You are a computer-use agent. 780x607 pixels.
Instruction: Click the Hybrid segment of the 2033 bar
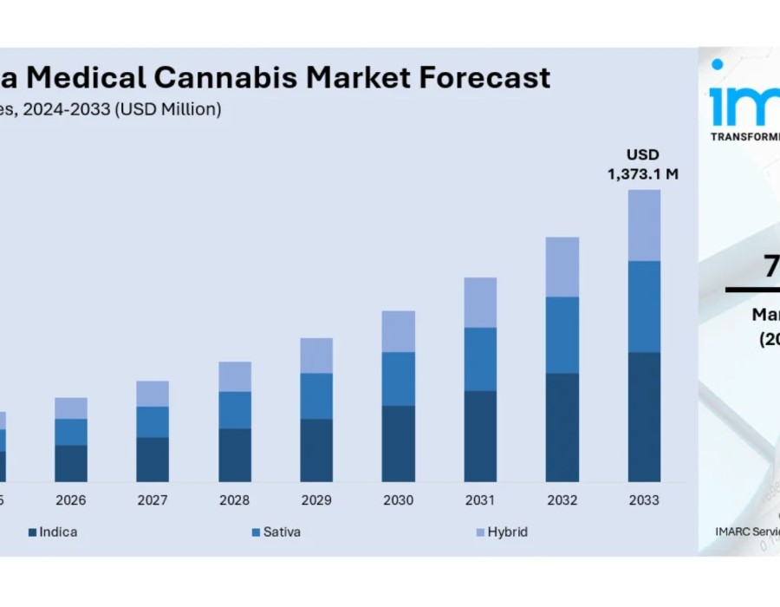[x=644, y=225]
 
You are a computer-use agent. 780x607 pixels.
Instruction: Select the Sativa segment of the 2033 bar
[x=644, y=306]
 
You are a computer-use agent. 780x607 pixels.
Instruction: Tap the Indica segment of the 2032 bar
[x=562, y=428]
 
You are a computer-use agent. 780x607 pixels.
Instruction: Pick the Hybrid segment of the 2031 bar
[x=480, y=303]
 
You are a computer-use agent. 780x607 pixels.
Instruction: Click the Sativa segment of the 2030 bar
[x=398, y=379]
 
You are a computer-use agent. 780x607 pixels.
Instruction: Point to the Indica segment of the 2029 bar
[x=316, y=450]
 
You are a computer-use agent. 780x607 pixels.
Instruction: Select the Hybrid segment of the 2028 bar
[x=235, y=376]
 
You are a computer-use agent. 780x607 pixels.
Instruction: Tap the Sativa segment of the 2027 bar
[x=153, y=421]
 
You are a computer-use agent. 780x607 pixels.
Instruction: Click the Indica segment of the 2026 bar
[x=71, y=463]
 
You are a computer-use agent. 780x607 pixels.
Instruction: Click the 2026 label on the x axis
[x=71, y=500]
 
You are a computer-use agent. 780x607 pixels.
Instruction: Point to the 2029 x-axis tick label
[x=316, y=500]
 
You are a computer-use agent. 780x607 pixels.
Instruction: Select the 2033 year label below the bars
[x=644, y=500]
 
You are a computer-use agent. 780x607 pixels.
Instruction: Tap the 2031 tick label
[x=480, y=500]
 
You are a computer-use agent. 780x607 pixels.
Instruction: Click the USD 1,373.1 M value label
[x=643, y=165]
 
